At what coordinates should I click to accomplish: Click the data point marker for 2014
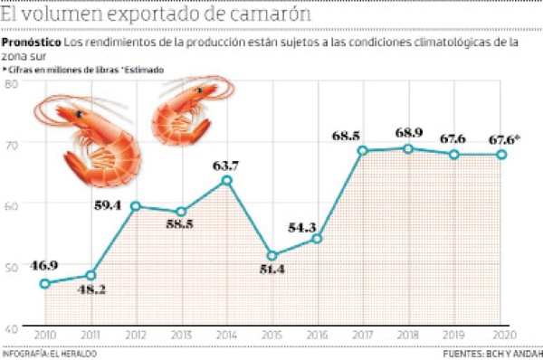point(226,181)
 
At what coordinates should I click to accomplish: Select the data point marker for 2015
point(271,256)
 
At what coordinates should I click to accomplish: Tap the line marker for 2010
point(44,283)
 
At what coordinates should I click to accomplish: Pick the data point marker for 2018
point(408,148)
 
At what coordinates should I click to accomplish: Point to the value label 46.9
point(44,265)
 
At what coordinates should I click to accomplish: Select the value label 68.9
point(409,132)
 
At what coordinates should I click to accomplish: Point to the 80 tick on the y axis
point(14,83)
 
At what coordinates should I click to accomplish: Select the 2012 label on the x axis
point(135,335)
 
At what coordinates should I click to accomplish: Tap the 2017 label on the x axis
point(362,335)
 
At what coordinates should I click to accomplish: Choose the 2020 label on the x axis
point(500,335)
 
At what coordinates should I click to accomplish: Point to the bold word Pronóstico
point(32,43)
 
